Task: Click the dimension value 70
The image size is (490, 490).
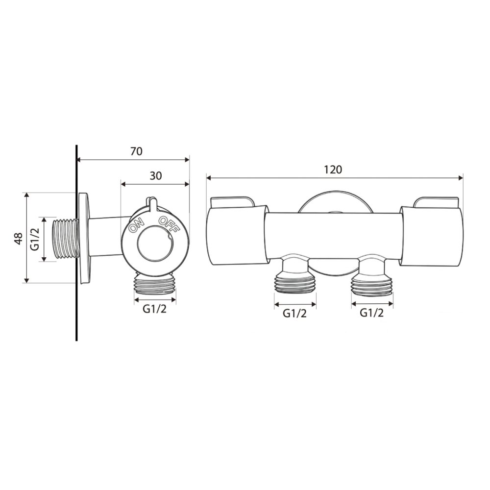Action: point(136,151)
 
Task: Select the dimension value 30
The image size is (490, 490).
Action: point(156,176)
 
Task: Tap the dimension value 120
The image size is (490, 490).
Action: point(333,170)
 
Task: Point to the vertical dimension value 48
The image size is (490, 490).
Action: point(19,239)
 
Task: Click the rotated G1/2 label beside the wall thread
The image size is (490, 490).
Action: point(35,239)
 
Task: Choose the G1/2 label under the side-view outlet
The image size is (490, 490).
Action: point(155,309)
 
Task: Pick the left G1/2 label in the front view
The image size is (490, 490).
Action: point(294,313)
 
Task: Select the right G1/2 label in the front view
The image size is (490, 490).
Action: point(372,313)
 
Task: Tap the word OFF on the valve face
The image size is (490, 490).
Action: point(169,224)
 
